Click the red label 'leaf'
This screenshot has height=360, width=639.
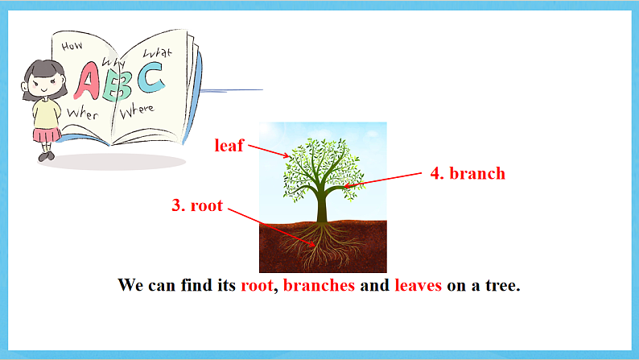(x=229, y=146)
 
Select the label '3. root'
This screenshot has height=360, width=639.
(x=196, y=205)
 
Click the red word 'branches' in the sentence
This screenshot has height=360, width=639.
(x=319, y=285)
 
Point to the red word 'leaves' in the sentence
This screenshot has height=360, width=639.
(x=418, y=285)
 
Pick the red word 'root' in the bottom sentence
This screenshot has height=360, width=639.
(x=258, y=285)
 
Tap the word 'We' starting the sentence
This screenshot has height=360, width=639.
(x=130, y=285)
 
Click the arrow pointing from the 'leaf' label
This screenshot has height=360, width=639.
(x=268, y=151)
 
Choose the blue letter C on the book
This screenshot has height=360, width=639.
(x=150, y=77)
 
